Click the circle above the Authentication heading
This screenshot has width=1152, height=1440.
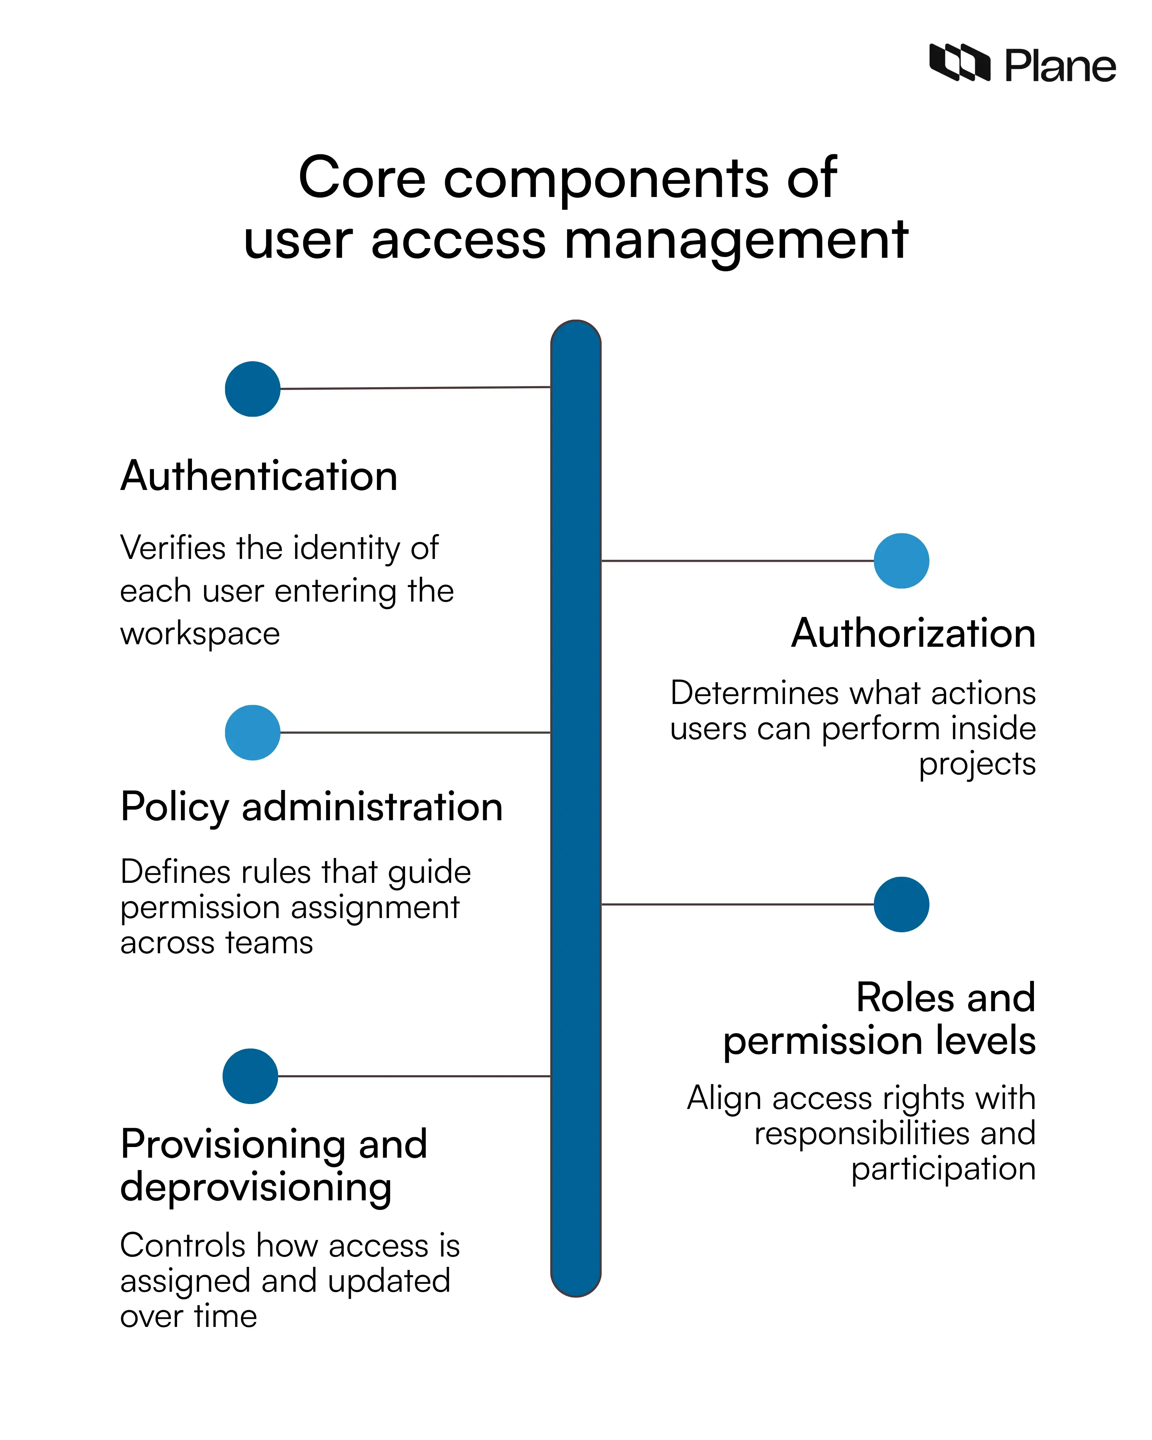(252, 389)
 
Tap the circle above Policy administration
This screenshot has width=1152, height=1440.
(252, 732)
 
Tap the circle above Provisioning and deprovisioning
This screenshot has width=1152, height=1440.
(250, 1076)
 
